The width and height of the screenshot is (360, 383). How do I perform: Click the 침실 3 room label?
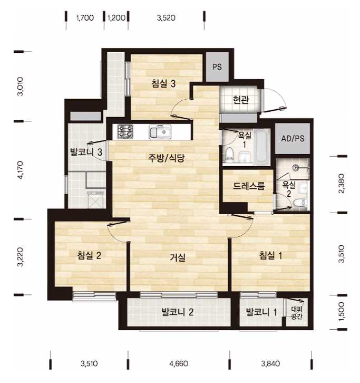coord(163,83)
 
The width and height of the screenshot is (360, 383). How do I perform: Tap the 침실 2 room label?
coord(89,255)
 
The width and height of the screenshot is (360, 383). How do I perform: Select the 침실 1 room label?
coord(270,255)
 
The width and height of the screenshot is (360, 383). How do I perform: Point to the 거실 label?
coord(178,257)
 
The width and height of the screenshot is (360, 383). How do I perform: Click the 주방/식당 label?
coord(166,158)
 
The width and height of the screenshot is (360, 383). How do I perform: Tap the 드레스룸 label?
coord(249,186)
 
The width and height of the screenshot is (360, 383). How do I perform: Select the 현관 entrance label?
coord(241,100)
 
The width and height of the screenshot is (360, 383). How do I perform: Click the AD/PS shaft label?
coord(293,139)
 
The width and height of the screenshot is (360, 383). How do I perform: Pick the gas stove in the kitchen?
coord(125,131)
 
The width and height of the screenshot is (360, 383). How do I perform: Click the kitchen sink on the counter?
coord(160,132)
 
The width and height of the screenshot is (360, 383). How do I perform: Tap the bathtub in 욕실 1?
coord(261,147)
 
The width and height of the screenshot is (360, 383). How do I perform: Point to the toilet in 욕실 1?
coord(229,155)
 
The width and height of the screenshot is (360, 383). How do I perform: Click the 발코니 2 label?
coord(178,312)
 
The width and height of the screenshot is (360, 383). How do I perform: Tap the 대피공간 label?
coord(297,313)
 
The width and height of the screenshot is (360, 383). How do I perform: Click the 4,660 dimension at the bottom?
coord(179,363)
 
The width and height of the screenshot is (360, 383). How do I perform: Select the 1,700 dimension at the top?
coord(85,18)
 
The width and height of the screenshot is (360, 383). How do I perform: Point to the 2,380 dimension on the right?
coord(342,184)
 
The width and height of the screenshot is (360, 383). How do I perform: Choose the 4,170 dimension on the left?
coord(20,170)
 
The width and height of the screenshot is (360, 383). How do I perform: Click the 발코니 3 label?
coord(86,152)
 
